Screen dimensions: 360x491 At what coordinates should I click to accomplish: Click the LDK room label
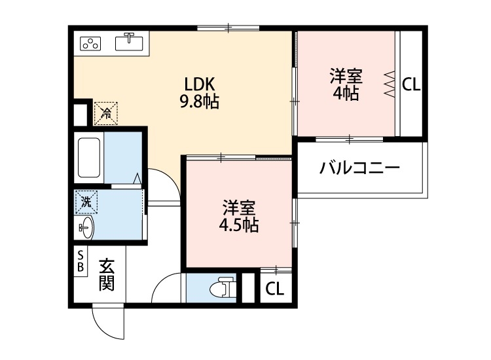pos(199,84)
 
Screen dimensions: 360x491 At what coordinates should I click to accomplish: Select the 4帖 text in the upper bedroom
pos(346,94)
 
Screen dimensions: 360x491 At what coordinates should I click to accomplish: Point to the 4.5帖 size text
pos(239,225)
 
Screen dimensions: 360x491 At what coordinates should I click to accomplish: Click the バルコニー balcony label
pos(359,169)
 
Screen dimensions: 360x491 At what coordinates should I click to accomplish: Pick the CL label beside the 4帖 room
pos(411,84)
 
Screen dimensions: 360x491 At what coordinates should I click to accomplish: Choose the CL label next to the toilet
pos(275,289)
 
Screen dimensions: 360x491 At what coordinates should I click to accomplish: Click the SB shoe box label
pos(81,261)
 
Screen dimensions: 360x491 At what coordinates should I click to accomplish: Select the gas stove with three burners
pos(91,44)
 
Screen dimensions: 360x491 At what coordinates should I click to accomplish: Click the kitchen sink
pos(130,43)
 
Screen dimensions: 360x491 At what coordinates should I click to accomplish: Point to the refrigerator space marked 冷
pos(105,112)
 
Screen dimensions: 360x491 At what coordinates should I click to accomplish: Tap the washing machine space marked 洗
pos(86,201)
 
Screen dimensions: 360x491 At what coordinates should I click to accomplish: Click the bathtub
pos(88,159)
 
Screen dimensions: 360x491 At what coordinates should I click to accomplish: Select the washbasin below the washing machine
pos(86,228)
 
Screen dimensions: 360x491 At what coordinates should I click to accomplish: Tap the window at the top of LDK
pos(228,27)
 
